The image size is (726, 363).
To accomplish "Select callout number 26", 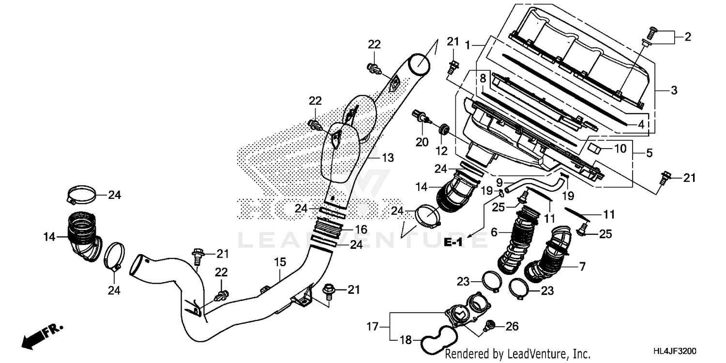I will tap(512, 327).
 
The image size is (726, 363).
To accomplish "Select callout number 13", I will tap(387, 158).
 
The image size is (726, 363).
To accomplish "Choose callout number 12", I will tap(441, 151).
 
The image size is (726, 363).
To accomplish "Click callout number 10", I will tap(620, 148).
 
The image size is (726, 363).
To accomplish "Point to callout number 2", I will tap(688, 37).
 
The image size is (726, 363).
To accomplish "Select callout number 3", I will tap(674, 91).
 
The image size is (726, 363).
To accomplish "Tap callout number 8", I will tap(483, 77).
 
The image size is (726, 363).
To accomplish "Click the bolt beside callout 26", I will tap(489, 324).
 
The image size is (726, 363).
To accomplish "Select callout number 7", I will tap(581, 265).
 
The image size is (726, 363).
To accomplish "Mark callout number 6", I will tap(494, 232).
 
